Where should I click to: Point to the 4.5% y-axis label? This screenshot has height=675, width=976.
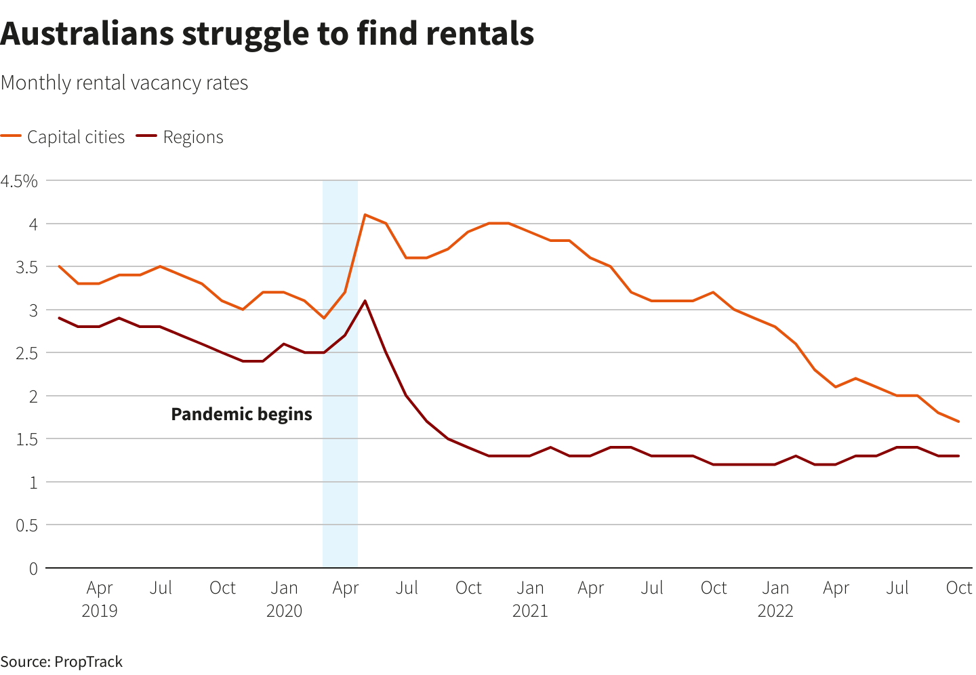[19, 181]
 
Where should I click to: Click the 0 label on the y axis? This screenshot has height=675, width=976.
[33, 569]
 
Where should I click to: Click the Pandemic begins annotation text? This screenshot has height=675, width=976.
[241, 414]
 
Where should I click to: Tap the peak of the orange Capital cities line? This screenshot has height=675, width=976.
[365, 215]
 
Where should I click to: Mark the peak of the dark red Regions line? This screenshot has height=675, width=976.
[365, 301]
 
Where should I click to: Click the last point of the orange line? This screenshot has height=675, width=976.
[958, 422]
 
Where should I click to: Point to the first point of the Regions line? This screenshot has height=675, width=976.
[59, 318]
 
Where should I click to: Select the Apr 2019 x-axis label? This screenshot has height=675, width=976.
[100, 598]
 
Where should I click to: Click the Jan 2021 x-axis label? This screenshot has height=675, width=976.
[530, 598]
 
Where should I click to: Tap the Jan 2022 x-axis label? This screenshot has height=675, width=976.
[775, 598]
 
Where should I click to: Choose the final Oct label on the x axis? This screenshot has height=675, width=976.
[958, 588]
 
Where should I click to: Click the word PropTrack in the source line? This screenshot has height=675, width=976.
[88, 661]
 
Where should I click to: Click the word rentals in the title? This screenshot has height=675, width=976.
[480, 33]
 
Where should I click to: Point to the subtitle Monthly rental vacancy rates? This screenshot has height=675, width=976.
[125, 83]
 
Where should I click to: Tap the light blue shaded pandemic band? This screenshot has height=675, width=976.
[340, 474]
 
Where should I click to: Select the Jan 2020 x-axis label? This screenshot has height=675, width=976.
[284, 598]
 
